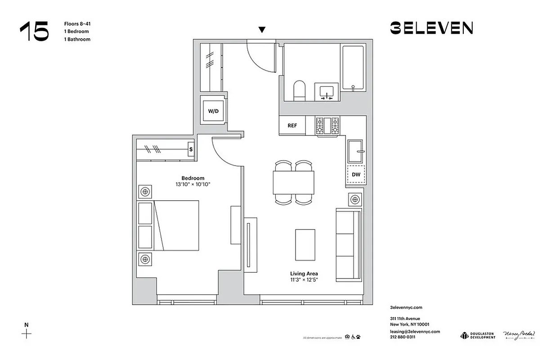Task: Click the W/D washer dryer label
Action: point(213,111)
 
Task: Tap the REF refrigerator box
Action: point(292,126)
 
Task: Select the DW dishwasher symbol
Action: point(355,174)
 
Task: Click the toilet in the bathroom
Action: point(299,90)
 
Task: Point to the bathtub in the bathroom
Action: point(354,67)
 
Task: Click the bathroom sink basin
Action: point(327,92)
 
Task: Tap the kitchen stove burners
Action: point(327,126)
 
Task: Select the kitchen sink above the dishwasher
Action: point(356,151)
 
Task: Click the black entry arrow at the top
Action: point(262,30)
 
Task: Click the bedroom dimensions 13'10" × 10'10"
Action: point(193,184)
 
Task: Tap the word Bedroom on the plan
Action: point(193,178)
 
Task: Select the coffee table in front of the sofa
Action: point(305,244)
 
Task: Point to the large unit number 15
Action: point(34,31)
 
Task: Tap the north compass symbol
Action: point(27,333)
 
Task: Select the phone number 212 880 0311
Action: point(403,337)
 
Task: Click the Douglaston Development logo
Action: point(477,336)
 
